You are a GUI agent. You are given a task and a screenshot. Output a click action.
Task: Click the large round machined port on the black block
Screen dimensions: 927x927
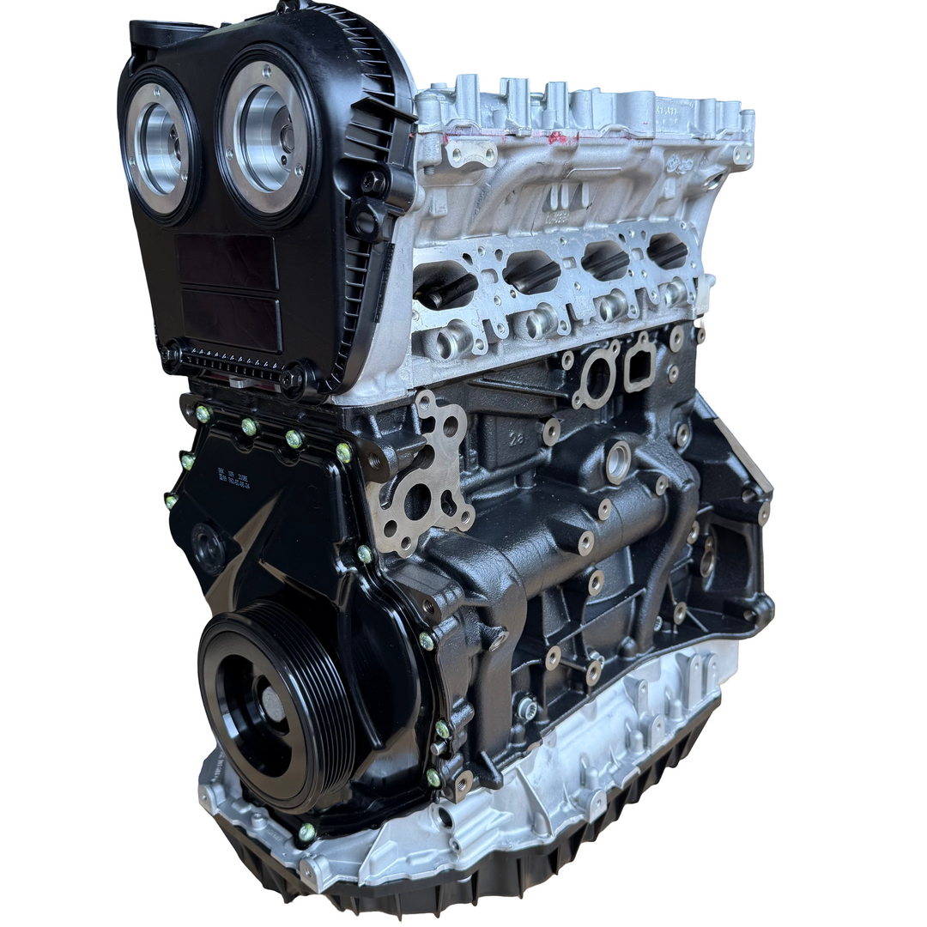tap(617, 463)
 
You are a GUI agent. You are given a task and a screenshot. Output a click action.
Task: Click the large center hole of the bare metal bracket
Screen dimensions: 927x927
tap(420, 497)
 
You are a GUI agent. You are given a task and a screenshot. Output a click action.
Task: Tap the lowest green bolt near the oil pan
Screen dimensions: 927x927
tap(306, 831)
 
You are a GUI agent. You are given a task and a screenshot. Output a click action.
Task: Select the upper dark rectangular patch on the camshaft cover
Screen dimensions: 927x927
tap(227, 261)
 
